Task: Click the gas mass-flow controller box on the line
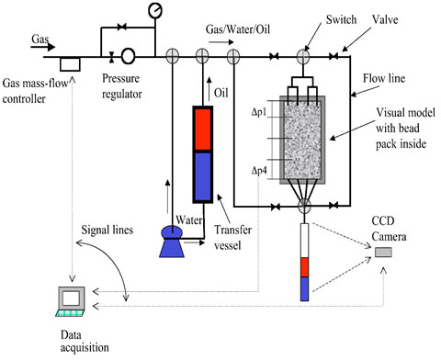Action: click(68, 63)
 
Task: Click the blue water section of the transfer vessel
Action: click(202, 174)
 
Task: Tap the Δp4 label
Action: click(263, 172)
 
